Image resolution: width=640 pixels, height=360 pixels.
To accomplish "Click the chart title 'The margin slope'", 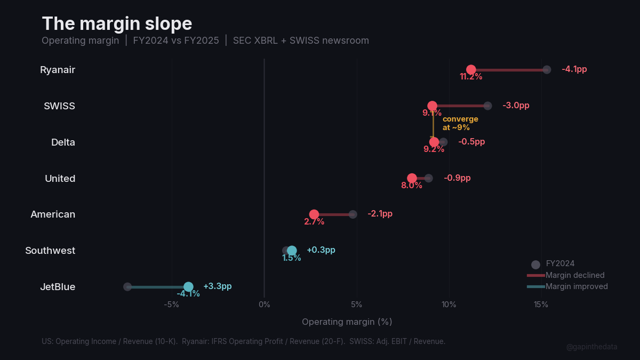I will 117,24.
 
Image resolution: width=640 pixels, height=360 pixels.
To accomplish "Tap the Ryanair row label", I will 58,70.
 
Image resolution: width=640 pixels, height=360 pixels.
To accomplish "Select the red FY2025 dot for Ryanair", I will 471,70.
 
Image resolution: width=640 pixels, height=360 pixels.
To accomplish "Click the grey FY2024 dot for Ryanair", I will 547,70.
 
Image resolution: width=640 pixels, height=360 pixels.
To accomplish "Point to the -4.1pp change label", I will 574,69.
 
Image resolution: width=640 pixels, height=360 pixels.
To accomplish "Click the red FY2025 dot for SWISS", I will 432,106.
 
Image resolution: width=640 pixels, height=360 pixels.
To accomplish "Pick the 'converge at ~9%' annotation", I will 460,123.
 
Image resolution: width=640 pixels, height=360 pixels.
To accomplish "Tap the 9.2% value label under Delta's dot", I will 434,149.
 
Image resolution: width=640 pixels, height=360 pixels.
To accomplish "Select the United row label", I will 60,178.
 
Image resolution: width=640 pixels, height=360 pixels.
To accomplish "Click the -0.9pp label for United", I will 457,178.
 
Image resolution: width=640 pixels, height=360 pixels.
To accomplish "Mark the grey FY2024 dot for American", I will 353,214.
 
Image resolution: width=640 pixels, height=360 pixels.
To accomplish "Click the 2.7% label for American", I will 314,222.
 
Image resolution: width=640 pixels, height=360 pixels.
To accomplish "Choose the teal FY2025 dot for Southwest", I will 292,251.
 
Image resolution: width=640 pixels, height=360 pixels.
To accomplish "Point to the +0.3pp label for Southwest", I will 321,250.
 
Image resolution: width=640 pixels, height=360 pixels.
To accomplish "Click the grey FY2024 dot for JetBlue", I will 127,287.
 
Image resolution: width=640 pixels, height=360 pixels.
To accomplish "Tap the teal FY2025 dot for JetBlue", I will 188,287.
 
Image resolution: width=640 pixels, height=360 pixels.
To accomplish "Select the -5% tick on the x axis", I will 171,305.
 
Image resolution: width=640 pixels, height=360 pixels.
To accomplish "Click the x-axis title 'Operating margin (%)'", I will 347,322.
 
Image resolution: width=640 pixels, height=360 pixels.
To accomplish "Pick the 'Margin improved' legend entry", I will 576,286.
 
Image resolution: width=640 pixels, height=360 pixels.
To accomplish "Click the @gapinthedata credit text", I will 591,347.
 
